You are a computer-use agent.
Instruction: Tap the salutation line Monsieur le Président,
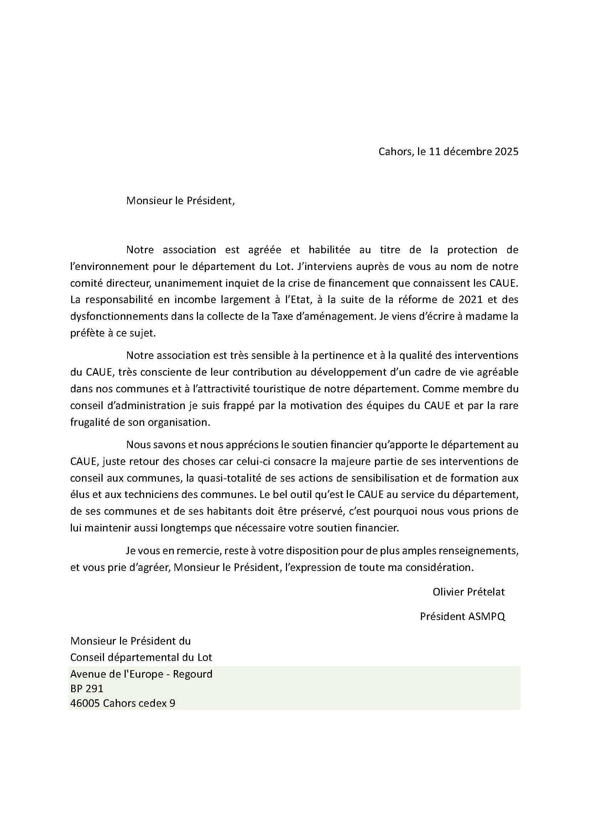coord(180,200)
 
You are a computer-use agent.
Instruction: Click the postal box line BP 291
coord(87,689)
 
